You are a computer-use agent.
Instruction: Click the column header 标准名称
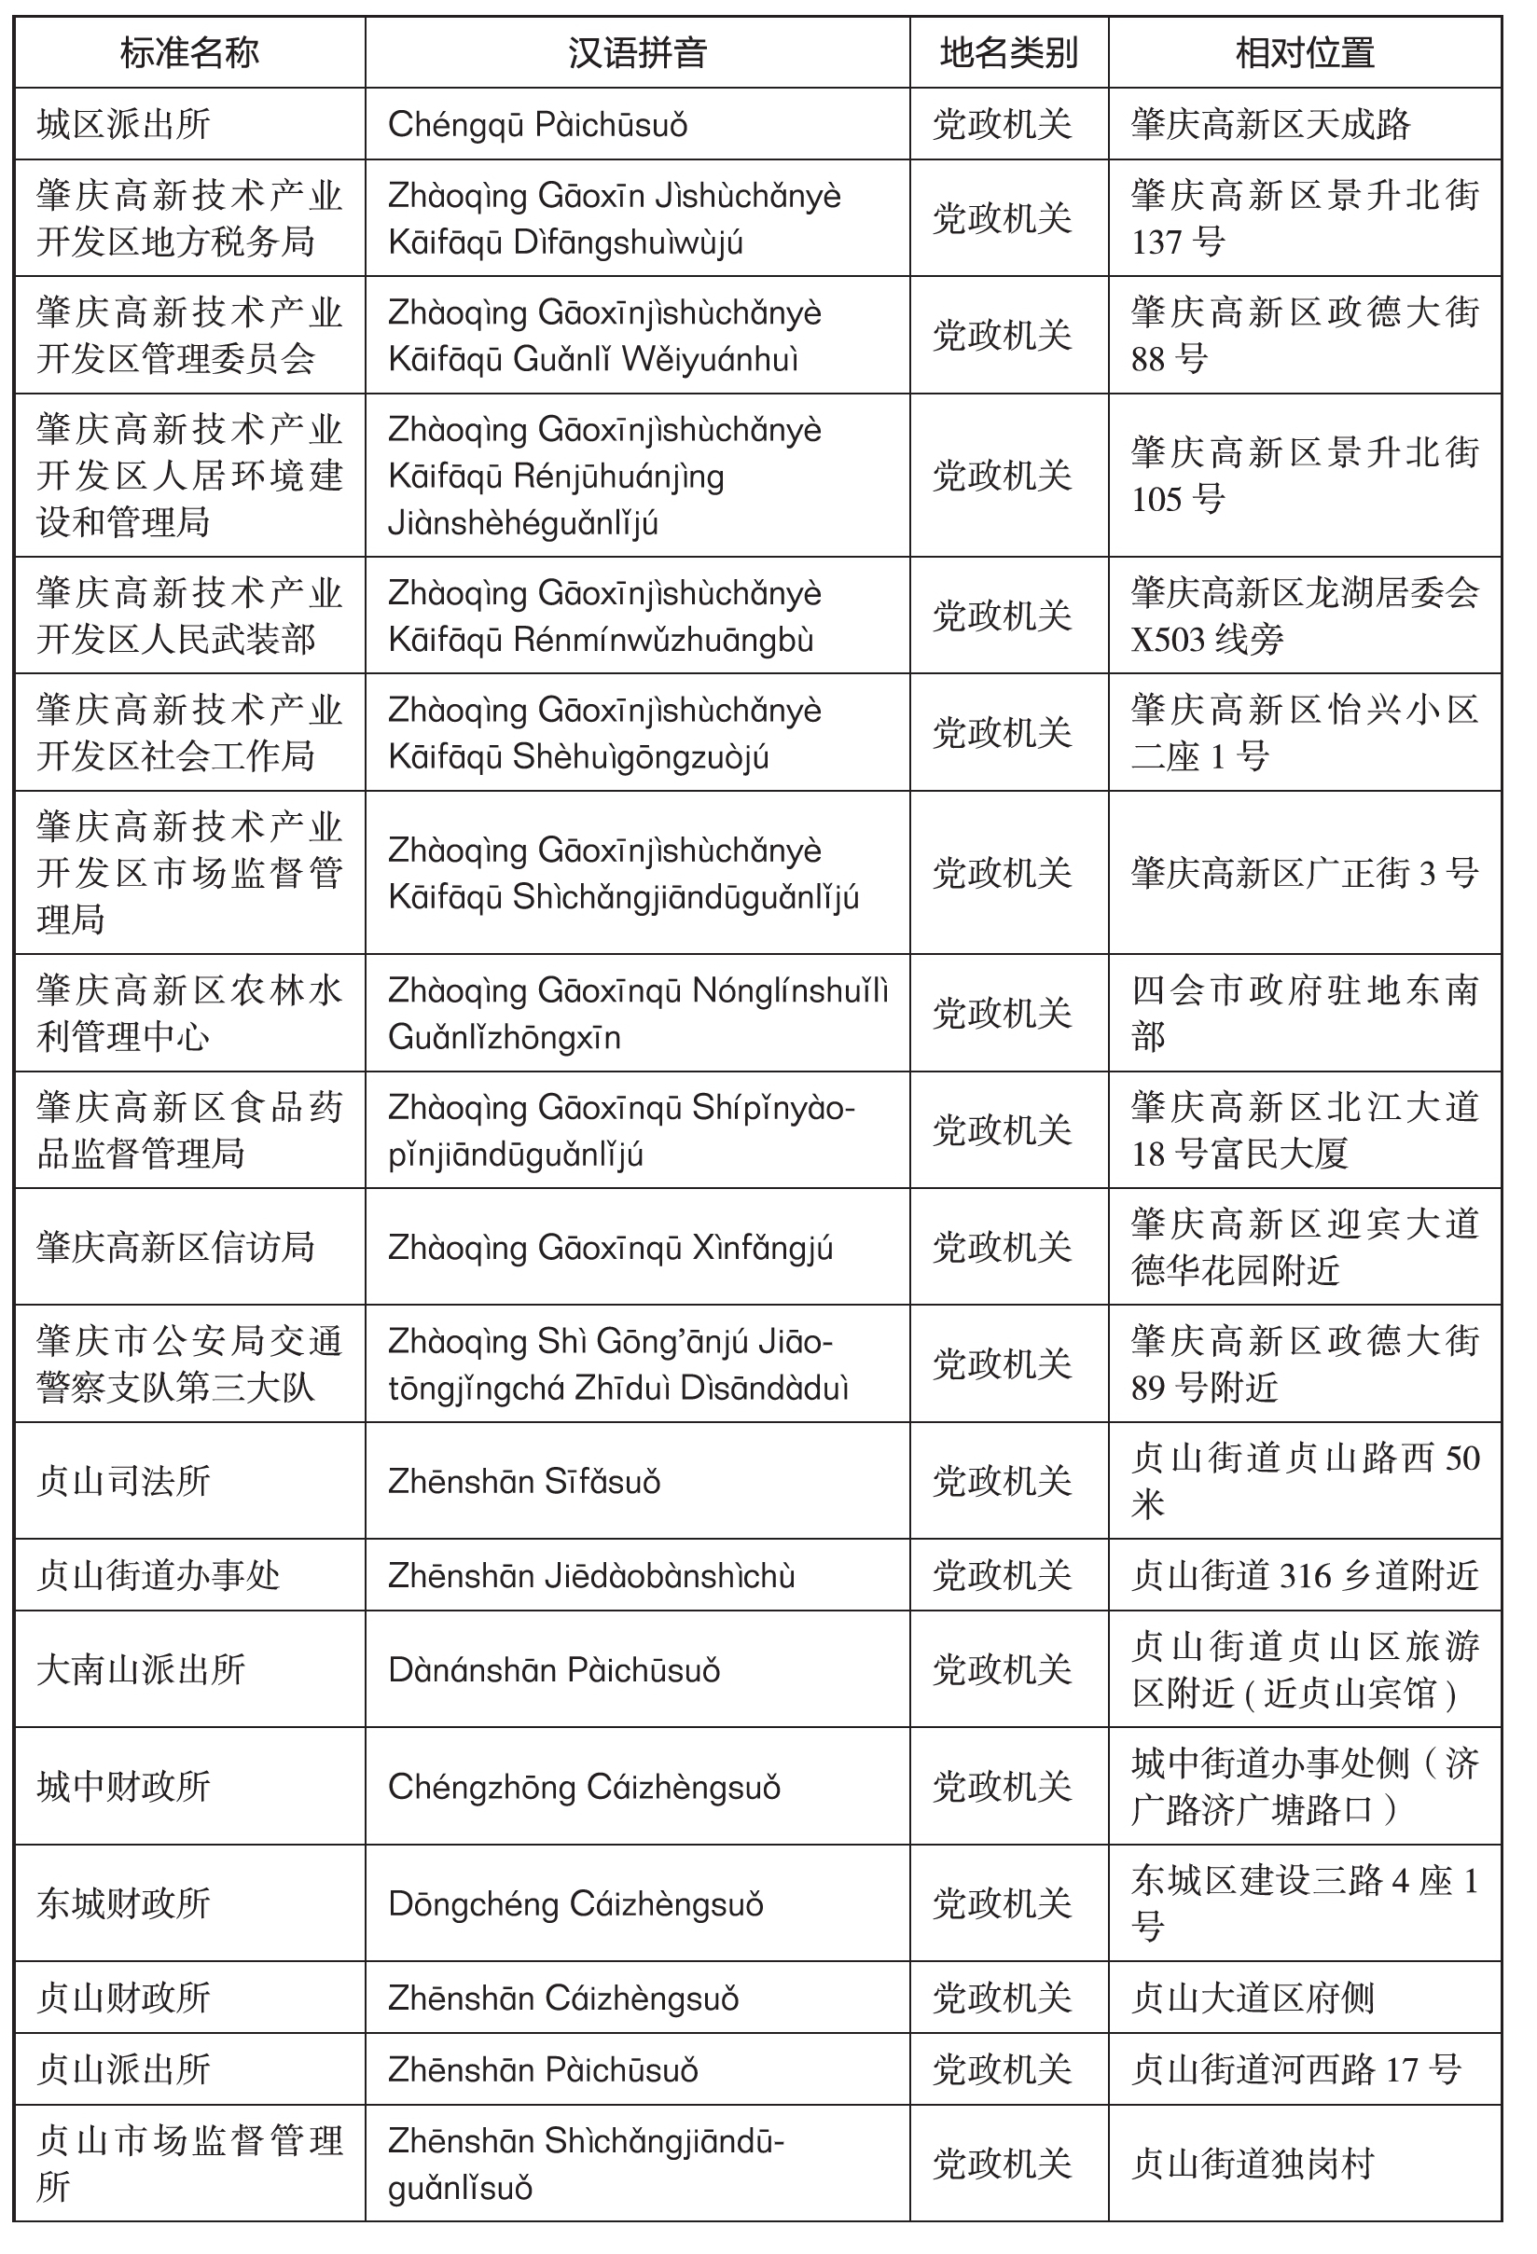[x=189, y=52]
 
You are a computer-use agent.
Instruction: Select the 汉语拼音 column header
[x=637, y=52]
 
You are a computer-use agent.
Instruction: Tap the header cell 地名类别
[x=1008, y=52]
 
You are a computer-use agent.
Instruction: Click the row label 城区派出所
[x=123, y=124]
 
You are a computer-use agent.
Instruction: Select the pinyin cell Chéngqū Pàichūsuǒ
[x=537, y=124]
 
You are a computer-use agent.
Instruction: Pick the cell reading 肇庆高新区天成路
[x=1270, y=124]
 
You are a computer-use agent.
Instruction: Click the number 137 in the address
[x=1160, y=242]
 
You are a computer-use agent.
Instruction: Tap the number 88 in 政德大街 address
[x=1148, y=359]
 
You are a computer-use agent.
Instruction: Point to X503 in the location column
[x=1168, y=639]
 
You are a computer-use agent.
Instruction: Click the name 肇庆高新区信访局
[x=175, y=1246]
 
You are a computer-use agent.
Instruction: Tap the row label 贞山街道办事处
[x=158, y=1575]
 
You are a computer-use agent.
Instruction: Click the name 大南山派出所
[x=141, y=1669]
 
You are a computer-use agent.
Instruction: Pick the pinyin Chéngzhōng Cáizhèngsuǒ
[x=584, y=1787]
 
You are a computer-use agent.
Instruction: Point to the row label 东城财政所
[x=123, y=1904]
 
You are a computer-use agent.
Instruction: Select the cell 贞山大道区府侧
[x=1253, y=1998]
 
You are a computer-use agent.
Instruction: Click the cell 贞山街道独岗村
[x=1253, y=2163]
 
